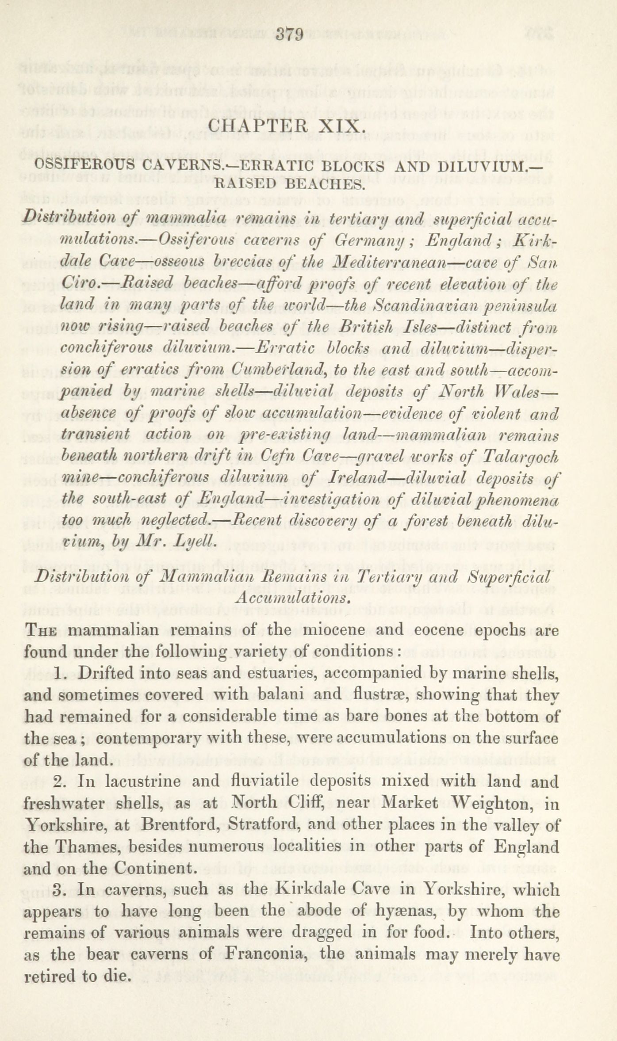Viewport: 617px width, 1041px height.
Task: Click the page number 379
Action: click(x=289, y=34)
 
